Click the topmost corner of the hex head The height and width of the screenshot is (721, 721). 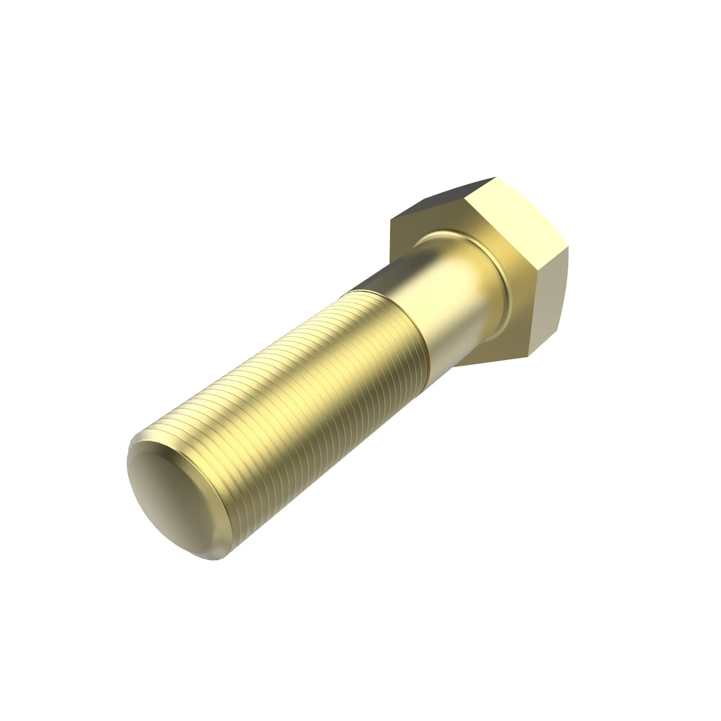pyautogui.click(x=496, y=177)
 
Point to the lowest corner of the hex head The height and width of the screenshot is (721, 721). pyautogui.click(x=528, y=357)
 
